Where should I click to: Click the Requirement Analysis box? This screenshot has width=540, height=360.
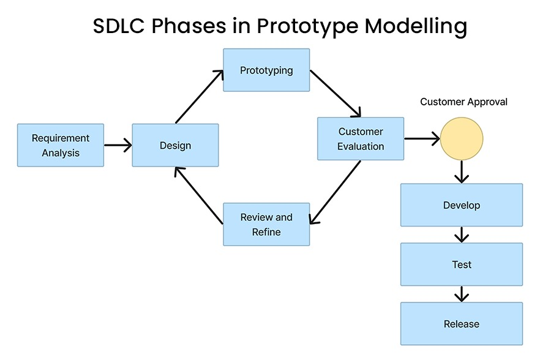61,145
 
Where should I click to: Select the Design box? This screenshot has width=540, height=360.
175,145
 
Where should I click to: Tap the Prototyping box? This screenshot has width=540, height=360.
266,70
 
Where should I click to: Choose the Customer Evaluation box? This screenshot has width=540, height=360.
361,139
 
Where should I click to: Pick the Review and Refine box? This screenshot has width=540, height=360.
266,225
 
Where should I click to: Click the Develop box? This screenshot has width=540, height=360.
462,205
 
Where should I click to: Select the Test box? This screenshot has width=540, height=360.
462,264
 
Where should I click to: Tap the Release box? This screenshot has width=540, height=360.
462,324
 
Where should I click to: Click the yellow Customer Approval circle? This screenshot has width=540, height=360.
462,138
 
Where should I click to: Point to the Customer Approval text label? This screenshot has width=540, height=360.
463,102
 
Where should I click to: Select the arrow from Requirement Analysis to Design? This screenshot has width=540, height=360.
118,145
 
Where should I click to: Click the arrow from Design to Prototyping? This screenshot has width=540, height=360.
200,97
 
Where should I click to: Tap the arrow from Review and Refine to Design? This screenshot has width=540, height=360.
198,195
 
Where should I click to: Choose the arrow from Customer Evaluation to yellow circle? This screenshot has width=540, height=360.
422,139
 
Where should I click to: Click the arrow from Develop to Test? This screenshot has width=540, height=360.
462,234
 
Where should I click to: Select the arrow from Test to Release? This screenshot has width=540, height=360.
462,294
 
